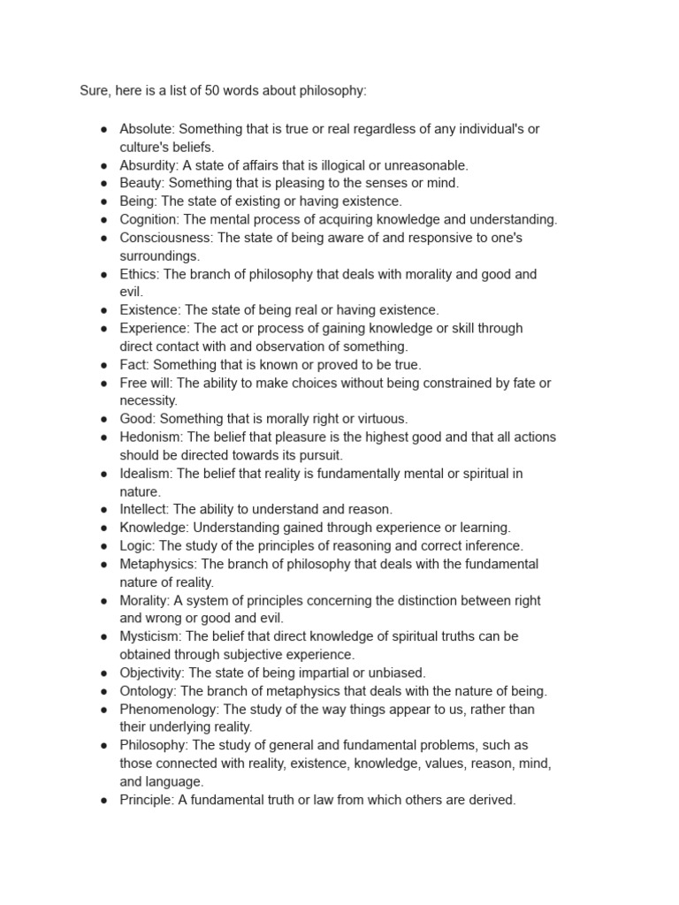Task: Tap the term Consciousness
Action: click(165, 238)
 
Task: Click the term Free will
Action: click(147, 383)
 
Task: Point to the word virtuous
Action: click(380, 419)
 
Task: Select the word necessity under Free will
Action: click(149, 400)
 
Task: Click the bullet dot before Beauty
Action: click(103, 184)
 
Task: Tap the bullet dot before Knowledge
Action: click(103, 528)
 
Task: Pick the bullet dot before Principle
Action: click(103, 800)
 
